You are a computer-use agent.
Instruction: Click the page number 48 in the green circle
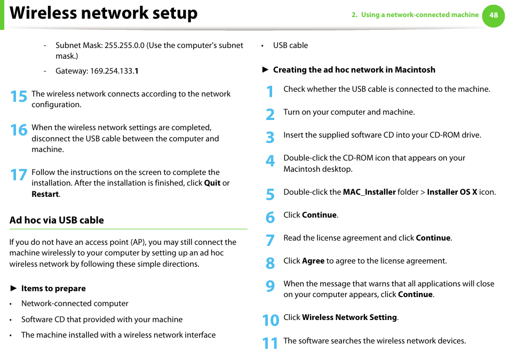[493, 15]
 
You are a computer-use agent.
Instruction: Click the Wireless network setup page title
[104, 13]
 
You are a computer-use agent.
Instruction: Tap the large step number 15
[18, 97]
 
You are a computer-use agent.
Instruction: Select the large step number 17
[18, 175]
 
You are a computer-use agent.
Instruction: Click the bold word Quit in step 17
[212, 183]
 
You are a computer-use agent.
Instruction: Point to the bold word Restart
[45, 194]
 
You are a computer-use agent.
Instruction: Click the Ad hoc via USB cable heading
[57, 220]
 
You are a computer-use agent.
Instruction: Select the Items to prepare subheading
[53, 289]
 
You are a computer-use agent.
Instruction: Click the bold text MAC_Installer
[369, 192]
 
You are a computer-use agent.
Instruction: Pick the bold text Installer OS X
[452, 192]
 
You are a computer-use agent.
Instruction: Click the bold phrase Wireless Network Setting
[349, 317]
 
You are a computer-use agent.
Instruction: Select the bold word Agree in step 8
[313, 261]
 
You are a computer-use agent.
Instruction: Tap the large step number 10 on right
[271, 320]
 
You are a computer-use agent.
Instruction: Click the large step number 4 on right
[270, 161]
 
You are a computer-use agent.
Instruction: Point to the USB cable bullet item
[290, 45]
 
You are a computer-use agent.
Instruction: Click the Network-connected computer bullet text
[75, 303]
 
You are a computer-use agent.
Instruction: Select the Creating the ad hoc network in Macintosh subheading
[354, 70]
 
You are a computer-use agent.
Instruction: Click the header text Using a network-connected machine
[419, 15]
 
